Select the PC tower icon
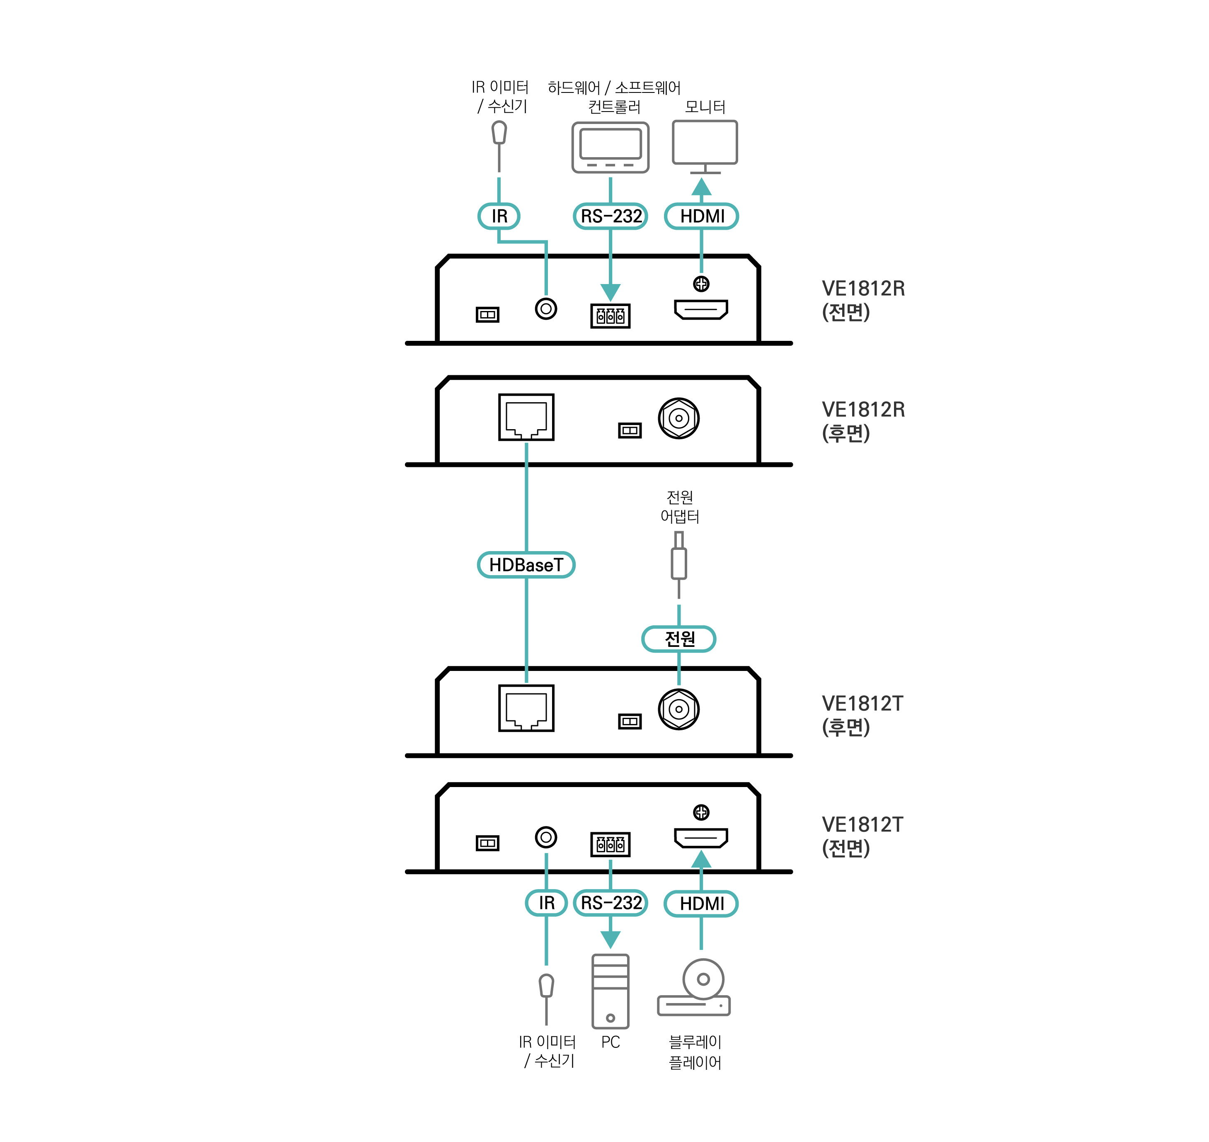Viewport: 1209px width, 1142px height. [610, 991]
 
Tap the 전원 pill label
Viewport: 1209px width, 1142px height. [679, 639]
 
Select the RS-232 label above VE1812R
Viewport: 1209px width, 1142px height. [610, 216]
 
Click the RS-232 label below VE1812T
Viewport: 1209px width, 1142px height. [610, 903]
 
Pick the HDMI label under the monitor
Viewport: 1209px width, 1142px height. [702, 216]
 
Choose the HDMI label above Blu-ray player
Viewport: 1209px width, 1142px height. [702, 904]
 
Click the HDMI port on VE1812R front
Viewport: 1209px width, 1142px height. [701, 310]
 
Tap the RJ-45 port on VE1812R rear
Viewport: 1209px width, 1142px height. [526, 417]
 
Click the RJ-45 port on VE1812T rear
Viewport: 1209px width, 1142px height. [526, 708]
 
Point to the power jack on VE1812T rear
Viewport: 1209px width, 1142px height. [678, 709]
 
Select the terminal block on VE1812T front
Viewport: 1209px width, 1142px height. [610, 844]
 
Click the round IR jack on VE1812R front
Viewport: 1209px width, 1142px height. [546, 309]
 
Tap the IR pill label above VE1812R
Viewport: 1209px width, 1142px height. [499, 216]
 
